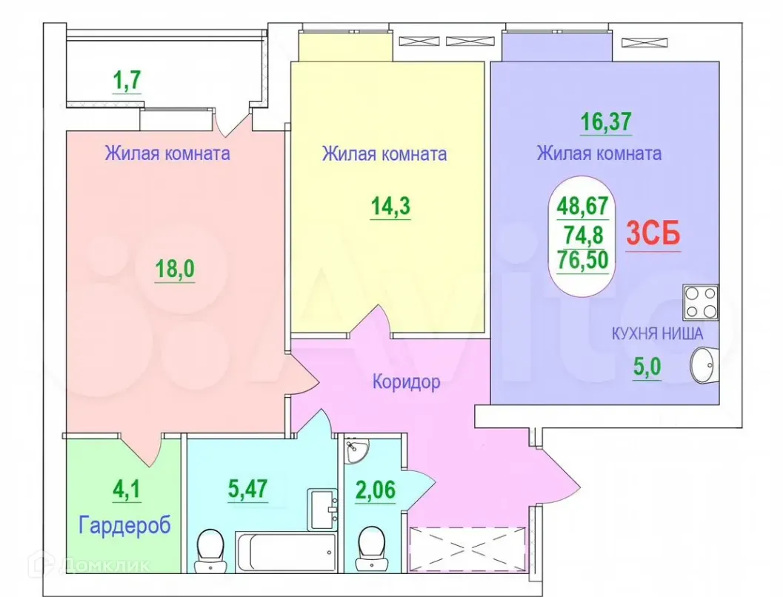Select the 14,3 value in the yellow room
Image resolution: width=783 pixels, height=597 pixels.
tap(390, 207)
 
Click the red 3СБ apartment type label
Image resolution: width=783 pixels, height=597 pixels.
tap(653, 234)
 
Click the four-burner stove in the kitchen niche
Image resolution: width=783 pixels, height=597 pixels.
tap(701, 302)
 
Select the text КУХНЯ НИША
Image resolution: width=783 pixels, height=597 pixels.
tap(656, 334)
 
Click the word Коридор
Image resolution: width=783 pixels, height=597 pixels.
tap(406, 382)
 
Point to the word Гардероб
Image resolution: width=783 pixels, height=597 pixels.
tap(125, 525)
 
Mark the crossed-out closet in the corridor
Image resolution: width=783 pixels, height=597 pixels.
tap(467, 548)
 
